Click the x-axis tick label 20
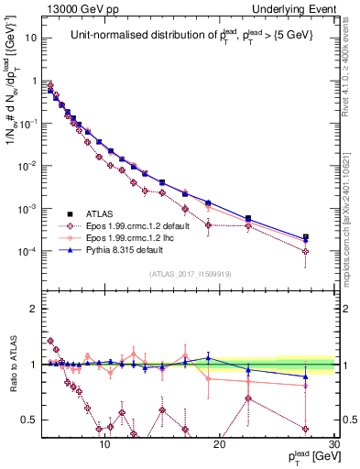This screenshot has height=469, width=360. tap(220, 441)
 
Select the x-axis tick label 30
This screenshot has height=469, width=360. tap(333, 441)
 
